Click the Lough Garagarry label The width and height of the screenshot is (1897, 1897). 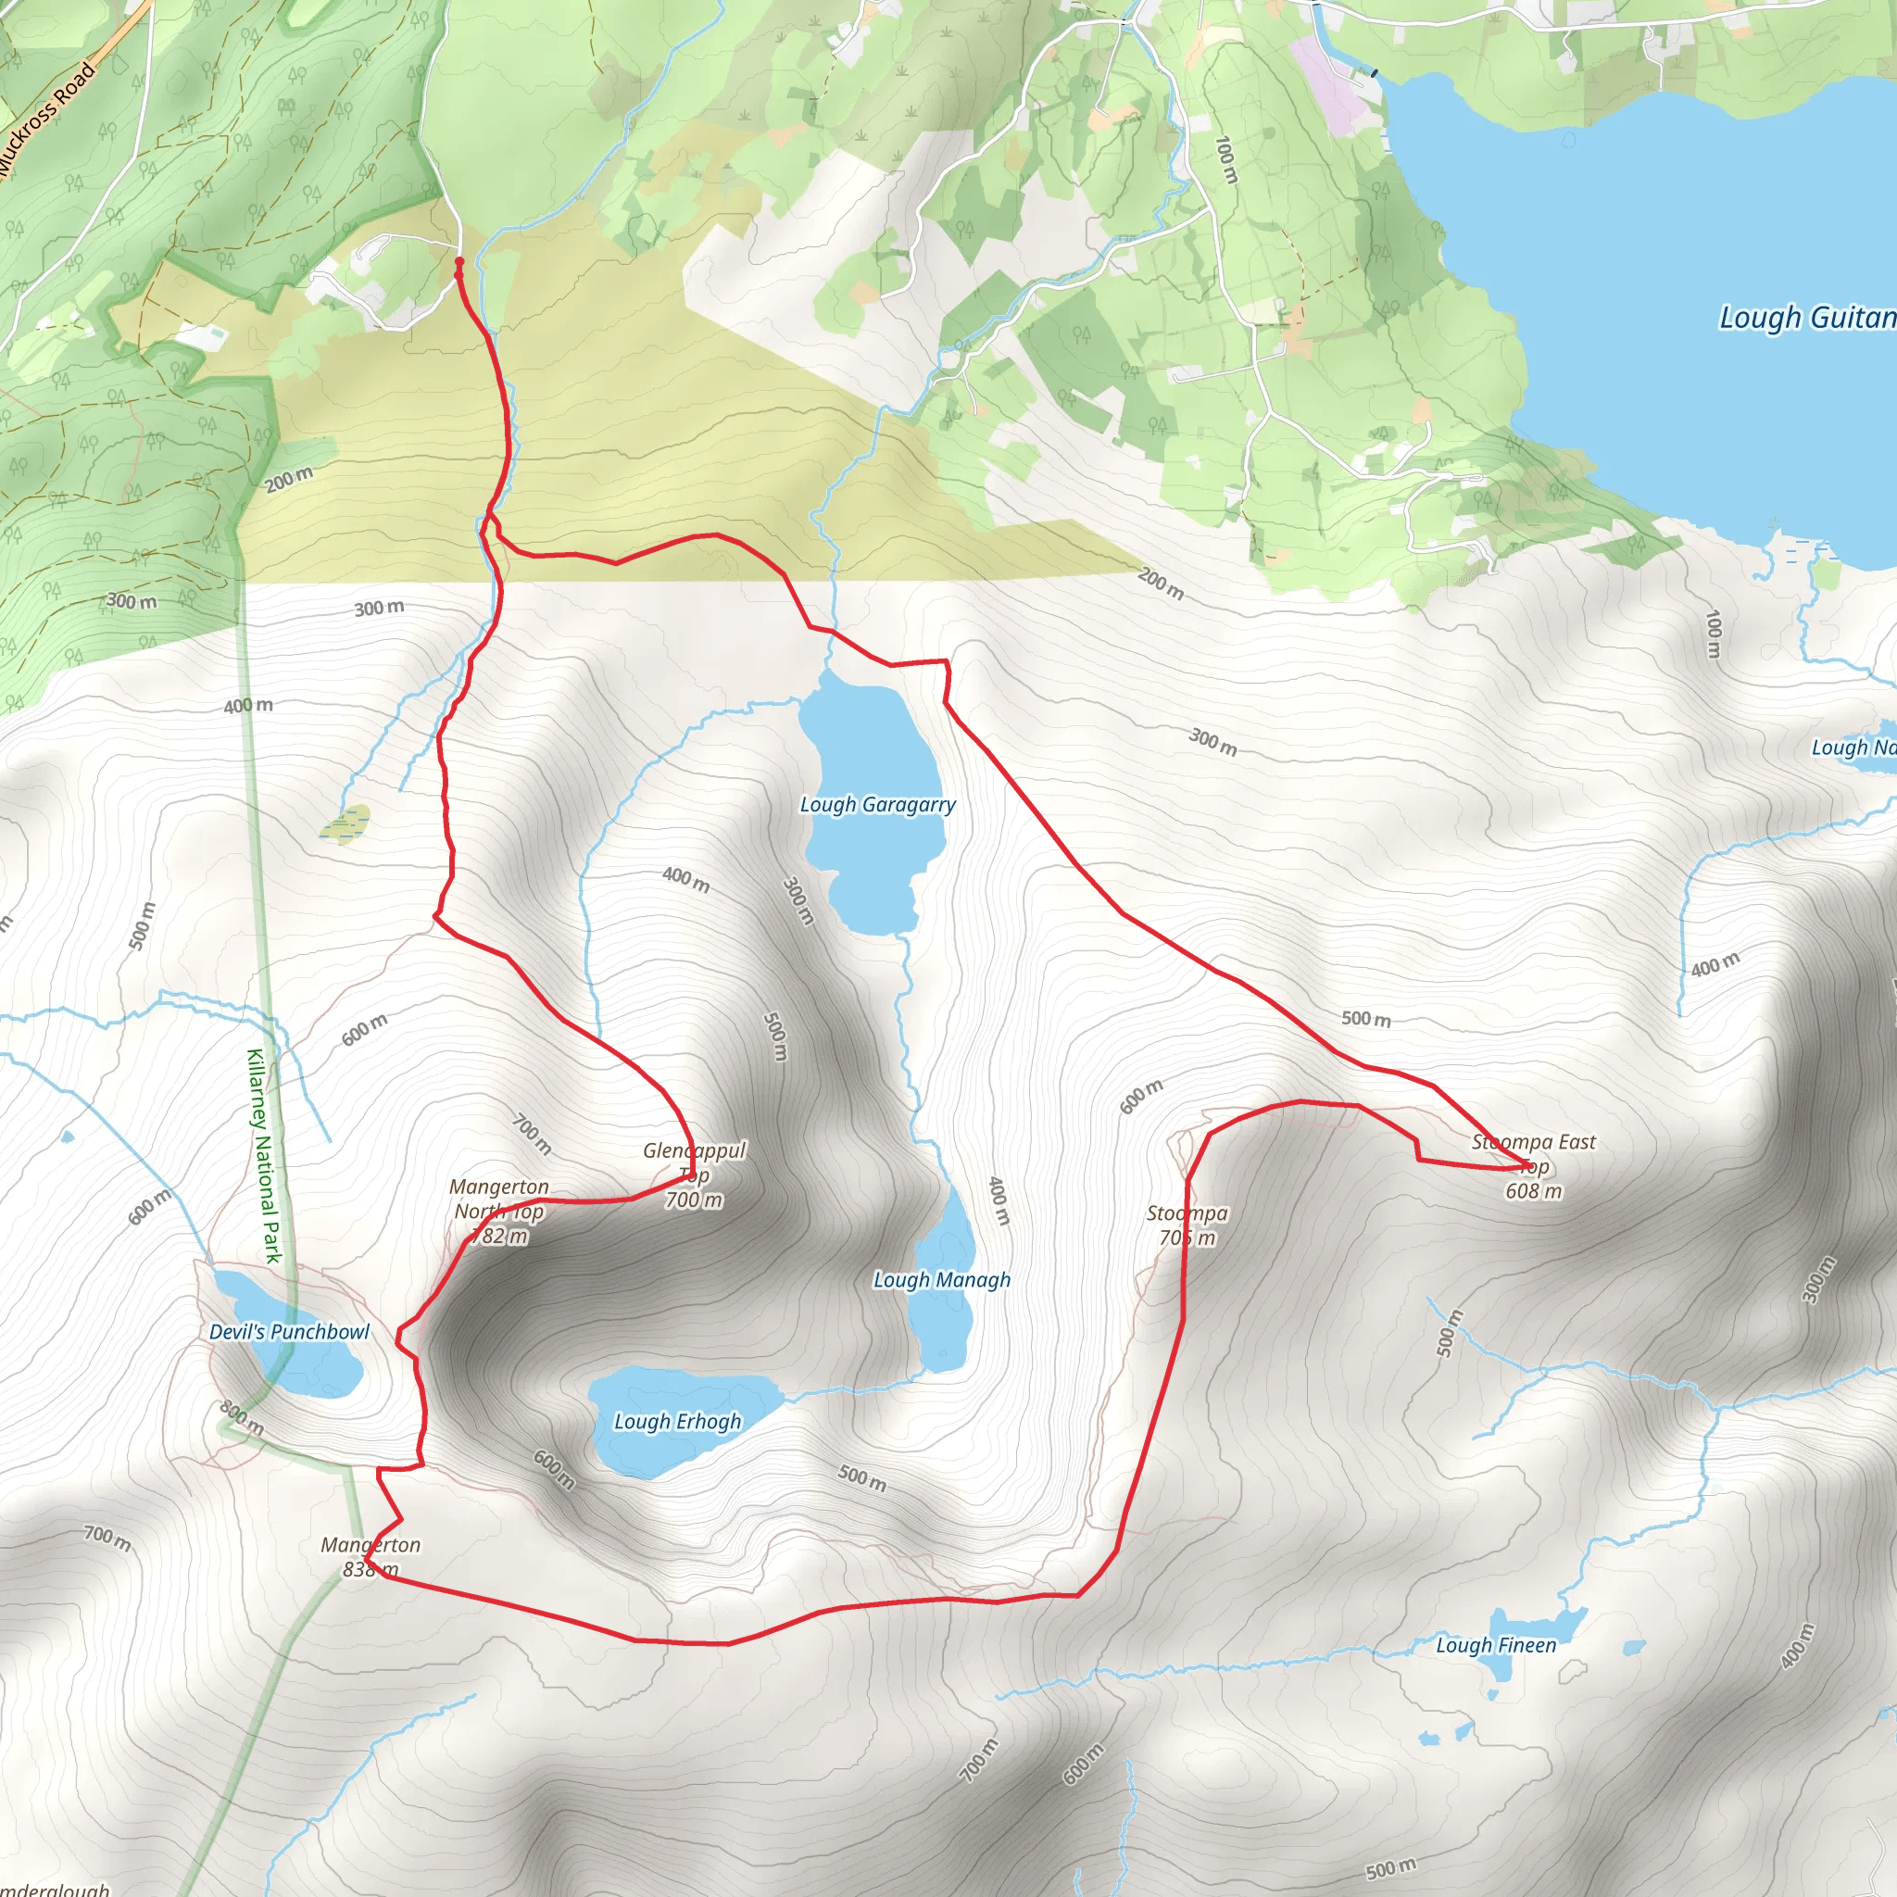pyautogui.click(x=877, y=804)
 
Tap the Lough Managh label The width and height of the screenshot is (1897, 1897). pyautogui.click(x=942, y=1279)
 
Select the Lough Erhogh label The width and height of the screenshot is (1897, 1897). pyautogui.click(x=677, y=1421)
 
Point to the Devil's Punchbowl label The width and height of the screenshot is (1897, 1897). pyautogui.click(x=289, y=1331)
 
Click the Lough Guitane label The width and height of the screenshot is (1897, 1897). pyautogui.click(x=1806, y=317)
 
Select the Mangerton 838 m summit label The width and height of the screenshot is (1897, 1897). pyautogui.click(x=371, y=1556)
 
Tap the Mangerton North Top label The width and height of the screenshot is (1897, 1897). pyautogui.click(x=499, y=1211)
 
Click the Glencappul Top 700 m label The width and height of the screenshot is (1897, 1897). pyautogui.click(x=694, y=1175)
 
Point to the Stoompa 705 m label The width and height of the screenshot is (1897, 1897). pyautogui.click(x=1187, y=1225)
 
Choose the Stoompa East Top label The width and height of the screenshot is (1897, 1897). pyautogui.click(x=1534, y=1165)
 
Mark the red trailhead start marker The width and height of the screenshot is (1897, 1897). pyautogui.click(x=459, y=262)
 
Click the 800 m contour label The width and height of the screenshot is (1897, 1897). pyautogui.click(x=242, y=1418)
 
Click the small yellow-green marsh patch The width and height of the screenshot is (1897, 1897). pyautogui.click(x=345, y=823)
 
